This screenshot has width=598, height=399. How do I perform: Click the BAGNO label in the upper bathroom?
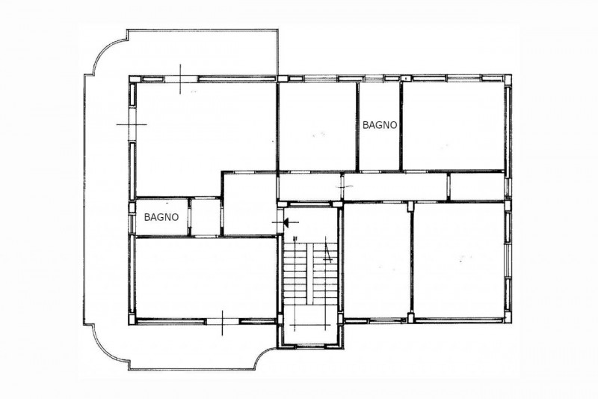pos(380,125)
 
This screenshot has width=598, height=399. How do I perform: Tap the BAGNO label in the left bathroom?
pos(161,217)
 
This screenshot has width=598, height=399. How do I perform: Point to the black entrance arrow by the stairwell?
pos(286,222)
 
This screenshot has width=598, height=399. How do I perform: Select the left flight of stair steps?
pos(295,273)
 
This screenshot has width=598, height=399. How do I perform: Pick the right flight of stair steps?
pos(325,273)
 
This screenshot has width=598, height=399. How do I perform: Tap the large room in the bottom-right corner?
pos(459,260)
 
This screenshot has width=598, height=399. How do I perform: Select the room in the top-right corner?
pos(453,125)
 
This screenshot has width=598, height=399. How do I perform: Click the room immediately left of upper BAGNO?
pos(317,126)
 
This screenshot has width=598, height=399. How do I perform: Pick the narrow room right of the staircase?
pos(377,260)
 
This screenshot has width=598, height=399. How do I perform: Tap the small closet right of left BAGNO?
pos(205,217)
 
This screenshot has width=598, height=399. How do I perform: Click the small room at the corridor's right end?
pos(478,186)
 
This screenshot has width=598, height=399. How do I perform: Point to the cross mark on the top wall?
pos(180,79)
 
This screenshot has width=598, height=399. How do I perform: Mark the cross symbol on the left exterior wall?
pos(132,124)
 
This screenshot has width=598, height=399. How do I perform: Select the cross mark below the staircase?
pos(309,325)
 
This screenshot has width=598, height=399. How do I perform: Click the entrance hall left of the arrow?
pos(250,204)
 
